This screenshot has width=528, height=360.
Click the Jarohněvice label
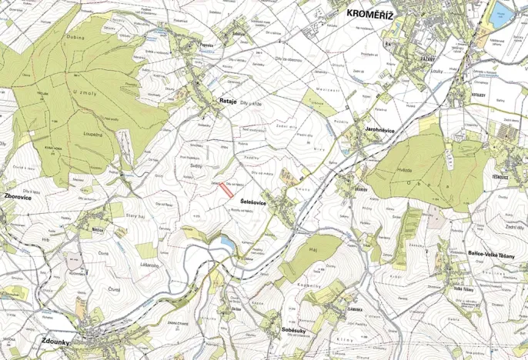click(375, 131)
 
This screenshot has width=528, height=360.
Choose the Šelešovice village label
click(254, 201)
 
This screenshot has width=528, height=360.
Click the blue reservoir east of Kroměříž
click(502, 11)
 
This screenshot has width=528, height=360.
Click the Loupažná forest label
click(94, 133)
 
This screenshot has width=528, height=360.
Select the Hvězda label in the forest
click(406, 169)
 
